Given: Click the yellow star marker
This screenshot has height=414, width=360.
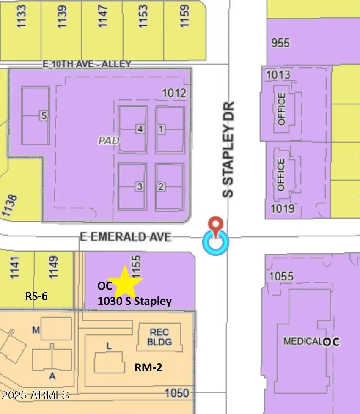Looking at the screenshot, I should pyautogui.click(x=124, y=282).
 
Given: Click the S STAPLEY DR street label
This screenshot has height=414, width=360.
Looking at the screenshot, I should pyautogui.click(x=228, y=149).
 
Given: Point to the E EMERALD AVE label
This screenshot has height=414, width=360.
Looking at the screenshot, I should pyautogui.click(x=126, y=237).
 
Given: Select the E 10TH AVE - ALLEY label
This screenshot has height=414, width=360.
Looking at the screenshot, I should pyautogui.click(x=87, y=64).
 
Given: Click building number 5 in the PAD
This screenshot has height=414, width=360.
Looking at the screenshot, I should pyautogui.click(x=44, y=115).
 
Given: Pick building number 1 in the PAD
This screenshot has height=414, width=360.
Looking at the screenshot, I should pyautogui.click(x=161, y=129).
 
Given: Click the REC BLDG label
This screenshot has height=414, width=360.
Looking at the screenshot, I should pyautogui.click(x=160, y=337).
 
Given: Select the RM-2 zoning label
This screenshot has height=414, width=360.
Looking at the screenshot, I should pyautogui.click(x=148, y=367).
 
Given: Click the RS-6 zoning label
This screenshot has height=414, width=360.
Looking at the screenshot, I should pyautogui.click(x=36, y=296).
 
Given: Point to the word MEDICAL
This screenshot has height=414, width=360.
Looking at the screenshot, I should pyautogui.click(x=302, y=341).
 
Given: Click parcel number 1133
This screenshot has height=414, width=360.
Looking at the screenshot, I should pyautogui.click(x=22, y=16).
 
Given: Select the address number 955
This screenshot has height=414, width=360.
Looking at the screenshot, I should pyautogui.click(x=280, y=43).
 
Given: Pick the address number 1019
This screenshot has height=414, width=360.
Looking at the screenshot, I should pyautogui.click(x=283, y=208).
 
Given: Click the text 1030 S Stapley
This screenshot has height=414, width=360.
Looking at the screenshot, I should pyautogui.click(x=135, y=301).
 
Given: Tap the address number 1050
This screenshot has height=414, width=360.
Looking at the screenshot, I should pyautogui.click(x=176, y=393).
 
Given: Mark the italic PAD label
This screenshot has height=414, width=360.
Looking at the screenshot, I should pyautogui.click(x=109, y=140).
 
